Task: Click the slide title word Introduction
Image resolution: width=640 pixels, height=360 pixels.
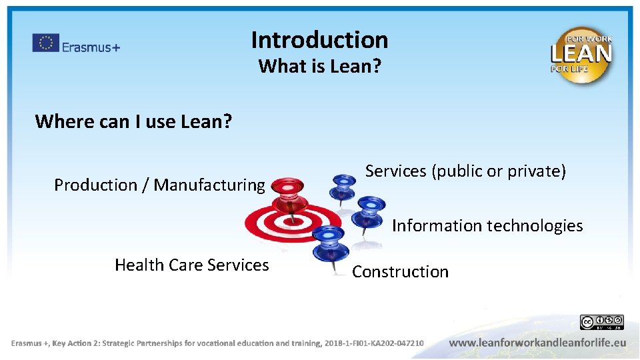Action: pyautogui.click(x=319, y=40)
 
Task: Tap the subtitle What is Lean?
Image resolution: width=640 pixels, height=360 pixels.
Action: pyautogui.click(x=319, y=67)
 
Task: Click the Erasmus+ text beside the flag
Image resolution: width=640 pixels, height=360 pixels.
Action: pyautogui.click(x=91, y=47)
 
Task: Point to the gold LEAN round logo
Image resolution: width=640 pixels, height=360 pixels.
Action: pyautogui.click(x=581, y=54)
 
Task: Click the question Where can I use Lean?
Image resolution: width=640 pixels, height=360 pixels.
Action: pyautogui.click(x=133, y=121)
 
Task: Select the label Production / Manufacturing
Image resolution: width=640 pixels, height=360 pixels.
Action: pyautogui.click(x=159, y=185)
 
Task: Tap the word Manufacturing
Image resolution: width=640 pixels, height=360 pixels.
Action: pyautogui.click(x=209, y=185)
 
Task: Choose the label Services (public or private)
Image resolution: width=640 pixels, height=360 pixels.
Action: pyautogui.click(x=465, y=171)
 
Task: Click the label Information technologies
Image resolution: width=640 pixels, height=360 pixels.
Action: pyautogui.click(x=487, y=226)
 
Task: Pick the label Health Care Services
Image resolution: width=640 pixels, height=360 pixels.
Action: pyautogui.click(x=192, y=265)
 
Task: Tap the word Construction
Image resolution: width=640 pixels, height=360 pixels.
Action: pyautogui.click(x=400, y=272)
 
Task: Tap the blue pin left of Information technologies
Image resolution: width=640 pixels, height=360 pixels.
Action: pyautogui.click(x=370, y=210)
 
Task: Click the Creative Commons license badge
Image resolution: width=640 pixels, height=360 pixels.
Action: pyautogui.click(x=601, y=323)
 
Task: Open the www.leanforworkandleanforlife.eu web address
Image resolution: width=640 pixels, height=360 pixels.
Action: pyautogui.click(x=537, y=343)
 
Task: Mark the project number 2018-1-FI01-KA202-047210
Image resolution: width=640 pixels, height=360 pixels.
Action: pyautogui.click(x=374, y=343)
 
